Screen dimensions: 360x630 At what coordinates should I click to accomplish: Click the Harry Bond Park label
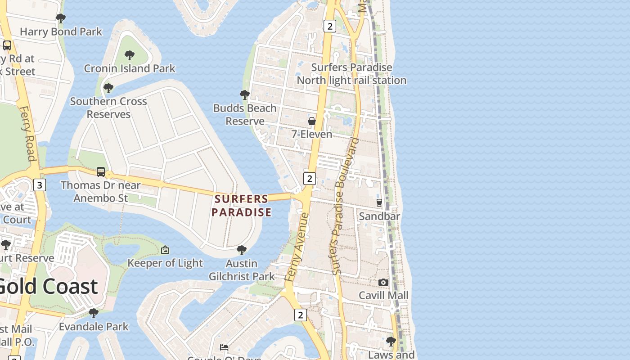[61, 31]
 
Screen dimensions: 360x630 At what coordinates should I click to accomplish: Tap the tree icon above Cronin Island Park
[130, 55]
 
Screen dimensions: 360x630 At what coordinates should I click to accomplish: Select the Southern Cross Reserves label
[108, 108]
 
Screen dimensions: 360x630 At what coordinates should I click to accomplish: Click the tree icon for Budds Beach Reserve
[245, 95]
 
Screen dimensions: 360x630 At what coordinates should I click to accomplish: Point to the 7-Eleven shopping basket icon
[311, 121]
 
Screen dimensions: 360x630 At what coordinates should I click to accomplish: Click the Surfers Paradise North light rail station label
[351, 74]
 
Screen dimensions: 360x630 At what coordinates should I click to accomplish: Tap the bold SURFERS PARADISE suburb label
[242, 205]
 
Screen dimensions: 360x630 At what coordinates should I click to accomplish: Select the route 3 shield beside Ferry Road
[40, 185]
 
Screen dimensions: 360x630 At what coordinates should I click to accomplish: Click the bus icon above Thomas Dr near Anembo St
[101, 172]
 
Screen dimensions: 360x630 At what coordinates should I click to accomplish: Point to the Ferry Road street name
[28, 133]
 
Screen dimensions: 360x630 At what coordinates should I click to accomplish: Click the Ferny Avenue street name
[297, 247]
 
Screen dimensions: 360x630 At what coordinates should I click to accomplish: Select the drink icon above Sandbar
[379, 203]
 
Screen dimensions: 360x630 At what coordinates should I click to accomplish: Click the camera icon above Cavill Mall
[383, 282]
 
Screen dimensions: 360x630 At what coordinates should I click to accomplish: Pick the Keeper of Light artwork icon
[165, 250]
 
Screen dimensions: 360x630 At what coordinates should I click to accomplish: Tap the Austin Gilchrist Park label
[242, 270]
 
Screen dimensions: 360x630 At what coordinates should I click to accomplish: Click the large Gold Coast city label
[47, 286]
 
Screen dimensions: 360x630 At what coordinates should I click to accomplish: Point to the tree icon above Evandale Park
[94, 313]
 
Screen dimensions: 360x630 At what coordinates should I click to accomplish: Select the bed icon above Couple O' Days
[224, 347]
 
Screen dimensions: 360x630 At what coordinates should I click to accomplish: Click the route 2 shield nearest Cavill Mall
[300, 315]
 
